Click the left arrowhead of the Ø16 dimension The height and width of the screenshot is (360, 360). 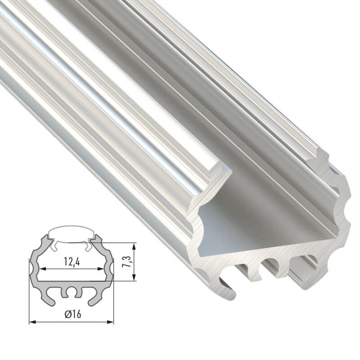tap(32, 322)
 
